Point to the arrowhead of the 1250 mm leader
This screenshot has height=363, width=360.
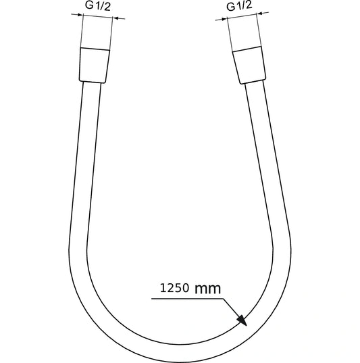241,322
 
